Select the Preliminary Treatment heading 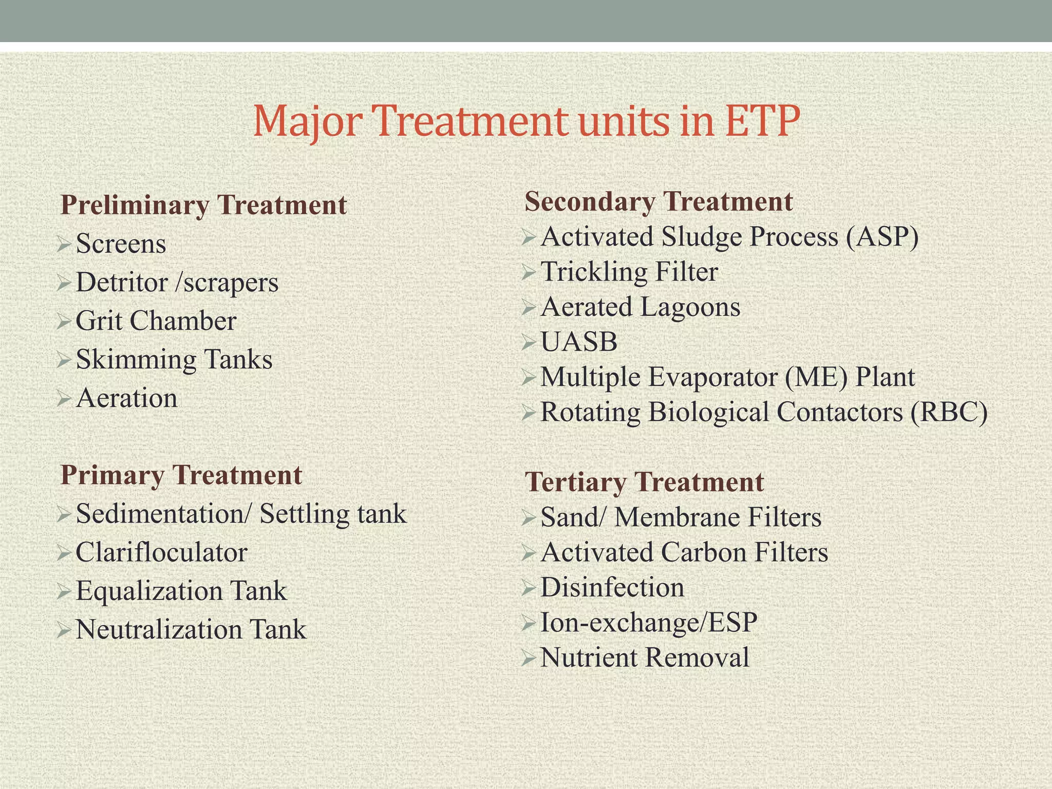204,204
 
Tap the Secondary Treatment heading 659,201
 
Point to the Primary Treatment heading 181,474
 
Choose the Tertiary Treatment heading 644,482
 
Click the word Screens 121,243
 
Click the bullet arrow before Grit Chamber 64,322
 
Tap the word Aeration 126,398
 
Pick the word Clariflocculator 161,552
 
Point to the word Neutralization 156,629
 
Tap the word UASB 578,342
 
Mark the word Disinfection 612,587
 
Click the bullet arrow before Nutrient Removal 528,658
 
